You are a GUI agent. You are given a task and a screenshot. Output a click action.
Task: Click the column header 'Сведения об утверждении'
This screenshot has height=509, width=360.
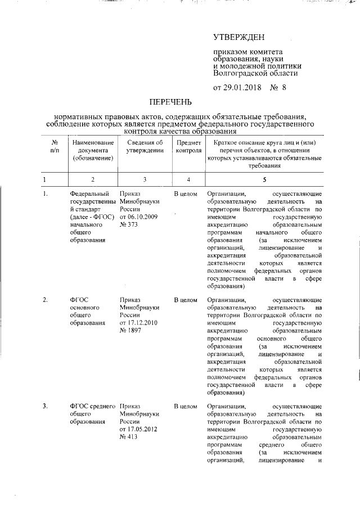pos(145,147)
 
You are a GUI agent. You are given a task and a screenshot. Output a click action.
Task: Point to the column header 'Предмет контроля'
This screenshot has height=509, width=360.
pos(188,147)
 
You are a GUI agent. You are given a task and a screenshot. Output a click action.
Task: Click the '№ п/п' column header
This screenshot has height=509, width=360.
pos(54,147)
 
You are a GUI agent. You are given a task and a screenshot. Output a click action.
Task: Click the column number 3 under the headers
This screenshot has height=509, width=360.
pos(145,179)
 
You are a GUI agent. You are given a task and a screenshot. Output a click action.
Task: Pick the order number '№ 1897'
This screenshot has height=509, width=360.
pos(132,331)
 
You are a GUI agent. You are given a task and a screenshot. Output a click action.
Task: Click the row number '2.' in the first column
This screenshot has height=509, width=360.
pos(46,300)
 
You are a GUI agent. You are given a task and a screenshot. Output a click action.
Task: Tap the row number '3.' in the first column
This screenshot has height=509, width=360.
pos(46,406)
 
